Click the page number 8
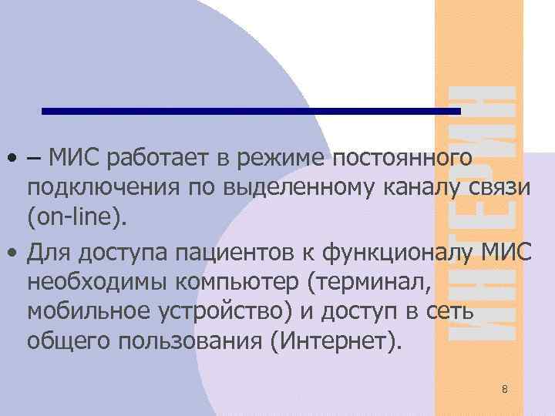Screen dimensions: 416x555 click(x=504, y=389)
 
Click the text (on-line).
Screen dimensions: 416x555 click(x=74, y=219)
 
